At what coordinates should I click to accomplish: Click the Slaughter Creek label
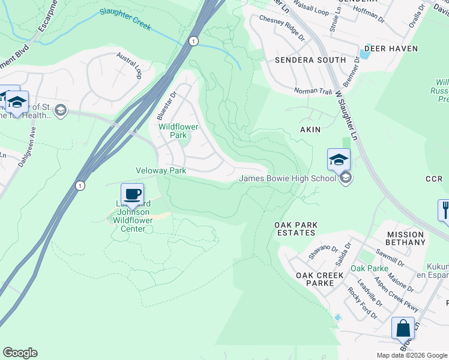point(125,19)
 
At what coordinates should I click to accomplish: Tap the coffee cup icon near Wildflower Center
point(132,194)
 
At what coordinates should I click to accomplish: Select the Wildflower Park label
point(177,131)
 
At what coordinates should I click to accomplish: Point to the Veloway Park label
point(161,170)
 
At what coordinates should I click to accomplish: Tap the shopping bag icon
point(403,329)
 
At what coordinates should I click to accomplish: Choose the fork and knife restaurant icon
point(445,211)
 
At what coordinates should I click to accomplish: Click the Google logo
point(20,353)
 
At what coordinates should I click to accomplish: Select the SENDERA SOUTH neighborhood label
point(310,60)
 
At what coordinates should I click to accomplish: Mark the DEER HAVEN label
point(387,48)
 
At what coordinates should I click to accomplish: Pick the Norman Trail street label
point(313,91)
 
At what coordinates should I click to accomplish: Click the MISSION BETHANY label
point(406,238)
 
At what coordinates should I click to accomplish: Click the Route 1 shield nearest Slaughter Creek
point(193,41)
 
